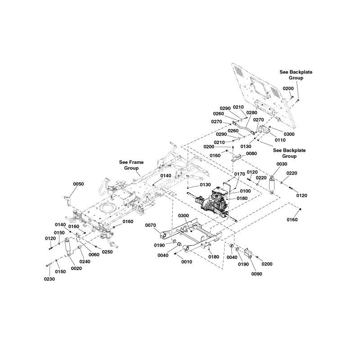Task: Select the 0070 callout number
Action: pos(151,225)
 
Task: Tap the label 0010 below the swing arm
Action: pos(186,262)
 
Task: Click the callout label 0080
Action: pos(252,153)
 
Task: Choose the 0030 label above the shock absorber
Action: pos(281,164)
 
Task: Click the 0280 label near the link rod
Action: pos(251,112)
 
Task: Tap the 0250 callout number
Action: pos(107,252)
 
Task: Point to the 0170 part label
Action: pos(239,173)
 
